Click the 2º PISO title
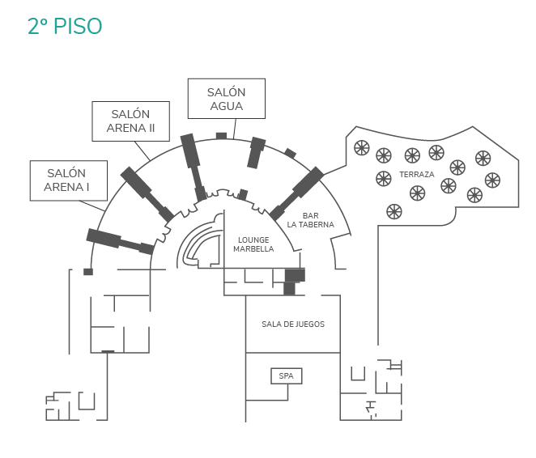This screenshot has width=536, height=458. click(65, 26)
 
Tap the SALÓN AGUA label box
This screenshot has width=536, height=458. click(226, 99)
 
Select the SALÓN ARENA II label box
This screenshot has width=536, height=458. click(130, 121)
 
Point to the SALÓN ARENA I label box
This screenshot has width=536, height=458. click(67, 180)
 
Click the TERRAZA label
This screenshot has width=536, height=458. click(417, 175)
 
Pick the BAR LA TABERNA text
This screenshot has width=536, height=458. click(310, 220)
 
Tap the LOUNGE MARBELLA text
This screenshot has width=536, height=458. click(253, 244)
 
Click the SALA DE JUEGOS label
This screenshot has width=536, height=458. click(293, 324)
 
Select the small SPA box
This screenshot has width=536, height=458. click(286, 375)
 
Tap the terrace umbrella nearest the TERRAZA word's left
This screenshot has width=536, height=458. click(383, 177)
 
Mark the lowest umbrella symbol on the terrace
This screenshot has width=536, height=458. click(394, 211)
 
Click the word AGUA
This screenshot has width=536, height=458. click(226, 105)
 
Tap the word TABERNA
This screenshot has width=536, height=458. click(317, 224)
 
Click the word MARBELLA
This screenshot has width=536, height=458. click(253, 248)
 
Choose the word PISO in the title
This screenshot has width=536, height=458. click(79, 26)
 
